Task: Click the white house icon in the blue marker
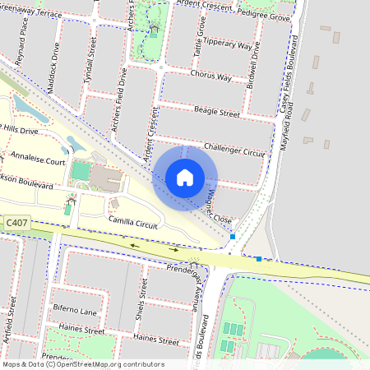point(185,178)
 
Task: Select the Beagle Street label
point(216,111)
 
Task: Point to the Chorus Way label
point(211,76)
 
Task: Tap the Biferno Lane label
point(75,312)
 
